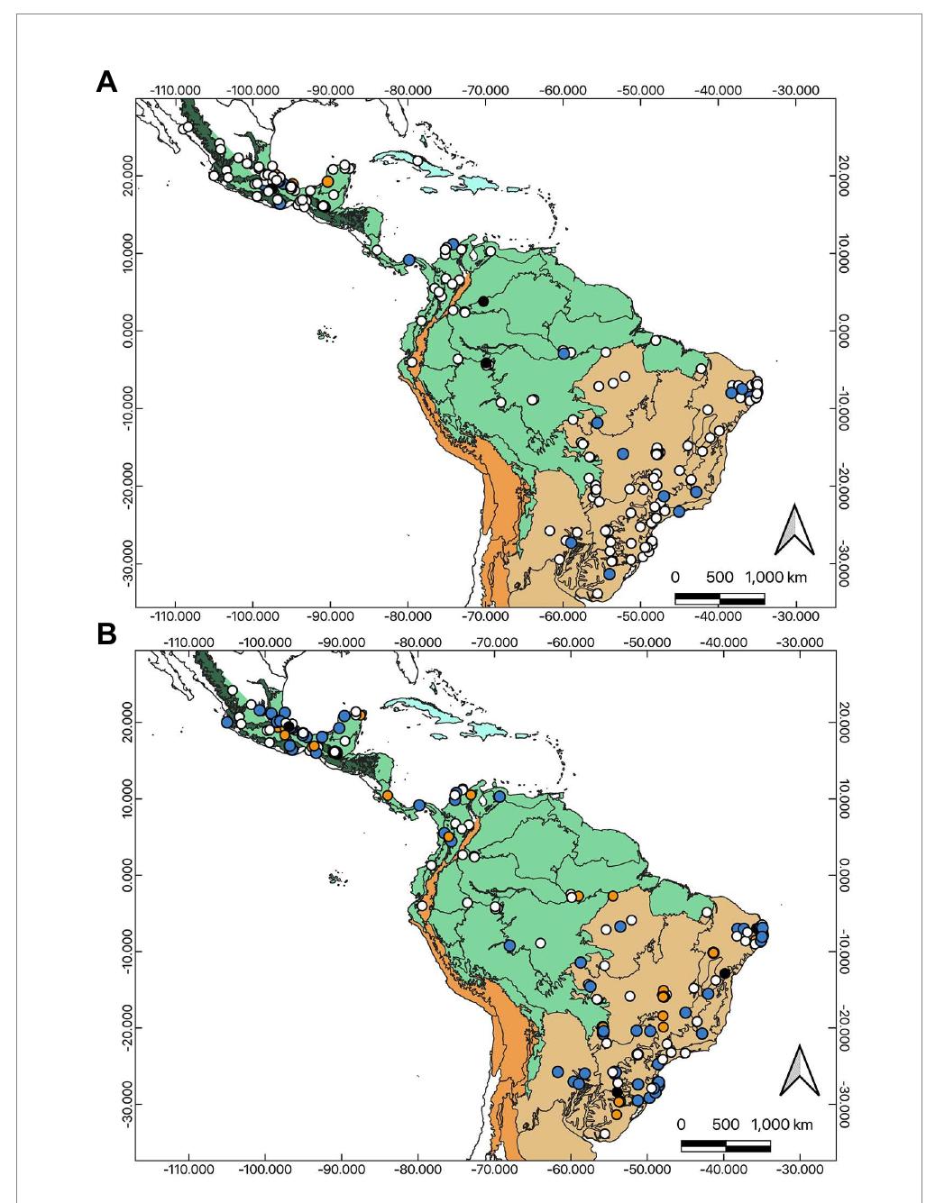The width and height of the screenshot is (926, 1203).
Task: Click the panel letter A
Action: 106,81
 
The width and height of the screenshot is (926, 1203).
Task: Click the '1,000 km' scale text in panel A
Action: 776,578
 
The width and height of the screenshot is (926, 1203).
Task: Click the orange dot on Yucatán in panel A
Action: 328,181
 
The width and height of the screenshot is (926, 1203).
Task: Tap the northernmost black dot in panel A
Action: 483,301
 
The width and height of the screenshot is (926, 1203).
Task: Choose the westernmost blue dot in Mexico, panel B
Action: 226,722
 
